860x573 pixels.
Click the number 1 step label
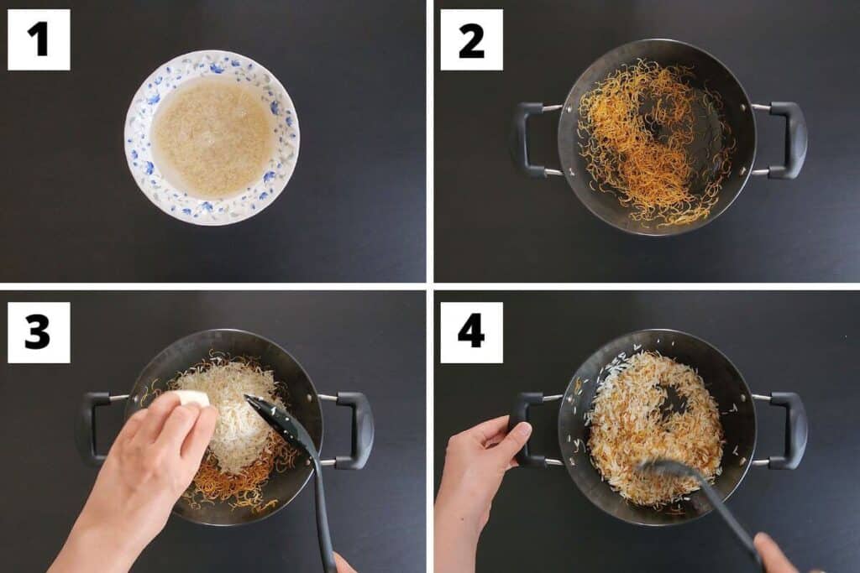[39, 39]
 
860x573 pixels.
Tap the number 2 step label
[471, 39]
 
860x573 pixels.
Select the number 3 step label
[39, 332]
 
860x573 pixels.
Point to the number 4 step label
[471, 332]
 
